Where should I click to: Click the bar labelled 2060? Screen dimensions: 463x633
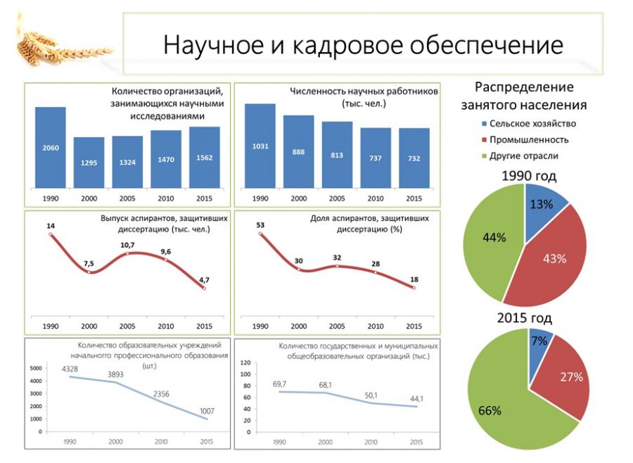coord(51,147)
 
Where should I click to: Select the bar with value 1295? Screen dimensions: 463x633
coord(89,162)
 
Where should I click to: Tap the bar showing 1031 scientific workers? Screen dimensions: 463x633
coord(260,146)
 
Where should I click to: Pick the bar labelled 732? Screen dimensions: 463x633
coord(414,158)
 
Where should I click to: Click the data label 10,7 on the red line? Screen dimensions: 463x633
coord(127,245)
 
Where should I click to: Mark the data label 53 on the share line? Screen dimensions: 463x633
coord(260,225)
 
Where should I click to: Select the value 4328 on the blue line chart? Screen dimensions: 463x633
coord(70,369)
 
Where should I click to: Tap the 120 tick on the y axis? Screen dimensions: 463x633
coord(245,362)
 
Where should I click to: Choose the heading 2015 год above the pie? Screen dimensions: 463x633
coord(524,317)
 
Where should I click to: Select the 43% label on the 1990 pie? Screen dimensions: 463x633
coord(554,258)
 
